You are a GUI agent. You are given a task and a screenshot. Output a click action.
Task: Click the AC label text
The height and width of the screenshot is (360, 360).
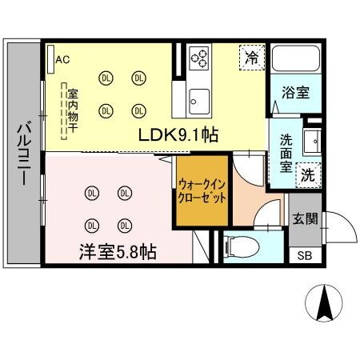tap(63, 59)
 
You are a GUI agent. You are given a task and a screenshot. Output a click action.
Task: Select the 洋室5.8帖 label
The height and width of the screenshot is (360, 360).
tap(116, 251)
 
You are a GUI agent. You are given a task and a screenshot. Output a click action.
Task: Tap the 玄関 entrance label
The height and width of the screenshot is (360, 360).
tap(304, 218)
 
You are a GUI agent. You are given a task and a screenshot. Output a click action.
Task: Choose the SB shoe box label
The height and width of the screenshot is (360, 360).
tap(304, 256)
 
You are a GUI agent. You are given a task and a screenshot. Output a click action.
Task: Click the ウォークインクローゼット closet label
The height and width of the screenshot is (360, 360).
tap(202, 190)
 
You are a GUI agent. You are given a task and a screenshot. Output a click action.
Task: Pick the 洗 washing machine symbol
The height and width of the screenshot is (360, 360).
tap(307, 174)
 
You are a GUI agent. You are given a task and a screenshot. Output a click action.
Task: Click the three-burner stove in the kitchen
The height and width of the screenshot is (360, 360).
tap(200, 58)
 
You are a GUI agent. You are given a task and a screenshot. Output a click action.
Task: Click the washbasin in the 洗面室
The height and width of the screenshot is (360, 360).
tap(314, 141)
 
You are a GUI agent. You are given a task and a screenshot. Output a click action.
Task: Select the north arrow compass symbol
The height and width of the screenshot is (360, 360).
tap(326, 304)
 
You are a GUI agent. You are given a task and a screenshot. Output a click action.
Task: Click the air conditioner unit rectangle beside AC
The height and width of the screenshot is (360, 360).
tap(50, 59)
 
